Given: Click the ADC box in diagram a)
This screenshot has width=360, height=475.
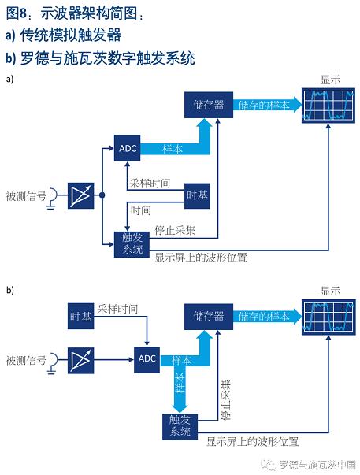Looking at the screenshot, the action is (x=128, y=148).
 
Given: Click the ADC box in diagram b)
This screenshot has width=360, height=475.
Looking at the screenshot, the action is (x=147, y=359).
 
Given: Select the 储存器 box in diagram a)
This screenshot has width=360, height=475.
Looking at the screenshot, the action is (x=209, y=105).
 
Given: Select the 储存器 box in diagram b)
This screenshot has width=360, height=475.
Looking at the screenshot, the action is (x=209, y=317).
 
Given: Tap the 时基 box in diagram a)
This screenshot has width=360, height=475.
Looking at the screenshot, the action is (x=197, y=195).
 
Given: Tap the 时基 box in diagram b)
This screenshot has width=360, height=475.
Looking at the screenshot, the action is (x=80, y=316).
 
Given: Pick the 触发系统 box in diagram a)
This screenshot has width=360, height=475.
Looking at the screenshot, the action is (x=132, y=244).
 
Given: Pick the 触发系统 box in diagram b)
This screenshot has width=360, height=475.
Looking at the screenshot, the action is (x=180, y=426).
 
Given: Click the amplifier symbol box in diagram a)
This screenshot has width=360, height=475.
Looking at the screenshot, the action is (x=80, y=195).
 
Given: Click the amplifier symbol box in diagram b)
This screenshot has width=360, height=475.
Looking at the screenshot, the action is (x=80, y=361).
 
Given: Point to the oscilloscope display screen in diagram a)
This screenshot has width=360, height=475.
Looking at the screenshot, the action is (x=328, y=106).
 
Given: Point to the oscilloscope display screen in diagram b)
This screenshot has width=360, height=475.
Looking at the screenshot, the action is (x=328, y=317).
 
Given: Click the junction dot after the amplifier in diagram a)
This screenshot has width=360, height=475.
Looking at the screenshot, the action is (x=102, y=195).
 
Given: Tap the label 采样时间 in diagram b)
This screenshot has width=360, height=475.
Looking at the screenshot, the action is (x=117, y=310).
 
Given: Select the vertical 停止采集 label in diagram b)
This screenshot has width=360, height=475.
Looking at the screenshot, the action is (x=226, y=399).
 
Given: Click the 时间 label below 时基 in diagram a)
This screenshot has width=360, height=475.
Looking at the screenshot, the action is (x=141, y=210).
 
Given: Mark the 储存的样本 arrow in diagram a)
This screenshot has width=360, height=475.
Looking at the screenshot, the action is (x=267, y=105).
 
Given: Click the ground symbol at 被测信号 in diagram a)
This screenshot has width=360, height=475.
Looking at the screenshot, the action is (x=50, y=208).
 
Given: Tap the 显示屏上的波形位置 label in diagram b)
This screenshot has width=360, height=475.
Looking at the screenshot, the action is (x=253, y=442).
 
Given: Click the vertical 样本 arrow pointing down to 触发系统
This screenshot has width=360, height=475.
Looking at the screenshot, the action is (x=180, y=389).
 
